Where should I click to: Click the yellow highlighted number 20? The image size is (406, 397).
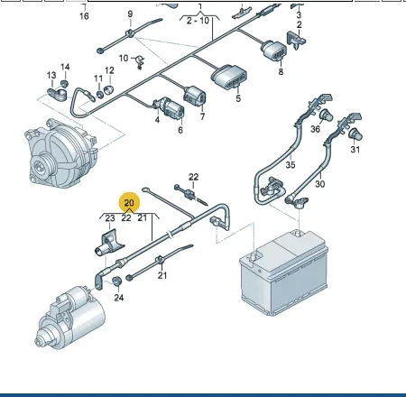point(129,202)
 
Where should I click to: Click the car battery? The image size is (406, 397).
point(283,272)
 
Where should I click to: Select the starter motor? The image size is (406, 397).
point(70,318)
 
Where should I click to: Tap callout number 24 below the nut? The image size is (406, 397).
point(119,298)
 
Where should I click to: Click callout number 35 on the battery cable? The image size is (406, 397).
point(291,164)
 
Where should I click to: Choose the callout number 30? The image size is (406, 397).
point(320,184)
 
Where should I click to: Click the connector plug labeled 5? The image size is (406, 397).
point(229,77)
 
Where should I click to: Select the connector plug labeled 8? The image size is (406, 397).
point(273,50)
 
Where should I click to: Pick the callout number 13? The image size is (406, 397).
point(51,75)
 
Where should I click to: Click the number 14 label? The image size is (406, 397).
point(65,67)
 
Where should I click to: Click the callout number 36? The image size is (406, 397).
point(315,129)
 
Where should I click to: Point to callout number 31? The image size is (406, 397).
point(355,149)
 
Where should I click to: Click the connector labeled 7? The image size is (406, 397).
point(195,96)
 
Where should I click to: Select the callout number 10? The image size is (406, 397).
point(124,58)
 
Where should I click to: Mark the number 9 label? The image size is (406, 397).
point(130,14)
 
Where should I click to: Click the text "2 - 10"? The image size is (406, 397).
point(198,21)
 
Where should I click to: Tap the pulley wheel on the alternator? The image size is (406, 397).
point(42,164)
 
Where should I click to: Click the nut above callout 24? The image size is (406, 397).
point(116,281)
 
